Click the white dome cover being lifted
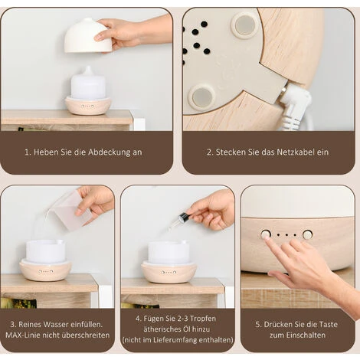click(x=86, y=36)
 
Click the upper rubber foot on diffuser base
click(x=245, y=25)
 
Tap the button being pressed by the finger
click(x=266, y=234)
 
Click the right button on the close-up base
click(x=307, y=234)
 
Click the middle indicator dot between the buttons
click(x=286, y=234)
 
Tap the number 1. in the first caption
click(x=28, y=152)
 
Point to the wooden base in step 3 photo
click(x=46, y=271)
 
